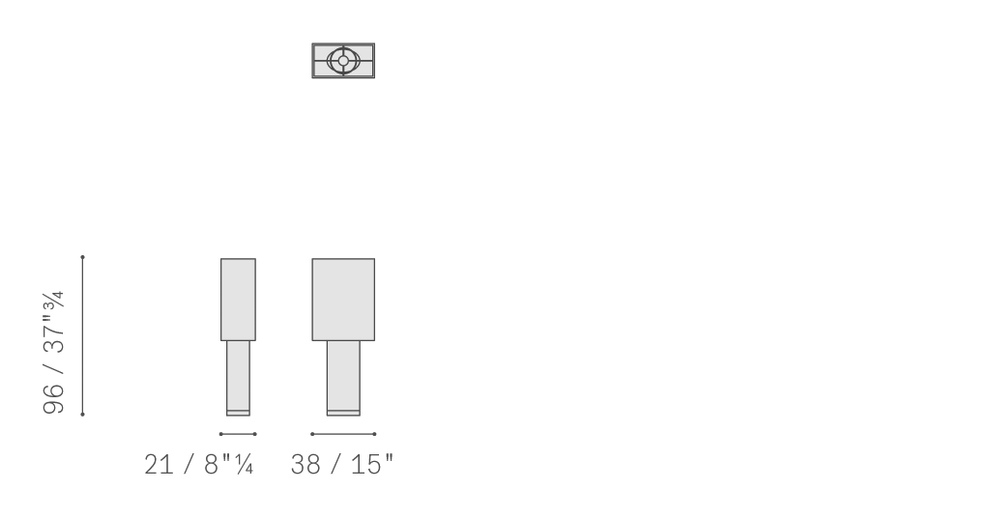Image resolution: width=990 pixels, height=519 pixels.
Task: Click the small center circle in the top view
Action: coord(343,61)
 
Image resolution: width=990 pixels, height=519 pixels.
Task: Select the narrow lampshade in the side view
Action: coord(238,300)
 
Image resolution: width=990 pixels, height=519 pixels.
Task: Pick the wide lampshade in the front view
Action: coord(343,300)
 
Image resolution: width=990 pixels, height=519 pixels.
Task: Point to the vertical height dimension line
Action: coord(83,336)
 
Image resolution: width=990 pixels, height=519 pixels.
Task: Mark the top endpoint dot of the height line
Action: coord(83,257)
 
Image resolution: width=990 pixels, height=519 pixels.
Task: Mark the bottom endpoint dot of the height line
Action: coord(83,415)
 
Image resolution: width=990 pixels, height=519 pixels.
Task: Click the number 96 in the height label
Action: coord(54,397)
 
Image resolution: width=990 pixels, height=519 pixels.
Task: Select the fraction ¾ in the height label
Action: coord(54,301)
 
